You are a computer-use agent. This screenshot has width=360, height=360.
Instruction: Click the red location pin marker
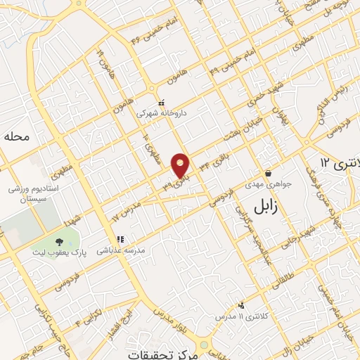(181, 165)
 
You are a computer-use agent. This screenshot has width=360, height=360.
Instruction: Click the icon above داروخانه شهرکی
(162, 103)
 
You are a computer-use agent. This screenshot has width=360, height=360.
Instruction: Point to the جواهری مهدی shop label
(268, 185)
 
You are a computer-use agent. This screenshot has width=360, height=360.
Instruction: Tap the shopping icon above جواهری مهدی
(268, 174)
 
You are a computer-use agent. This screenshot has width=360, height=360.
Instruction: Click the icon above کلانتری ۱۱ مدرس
(241, 305)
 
